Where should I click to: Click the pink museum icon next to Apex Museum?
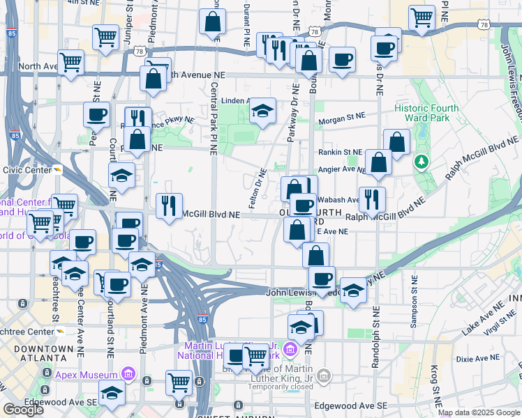[x=128, y=375]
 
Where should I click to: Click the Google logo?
[x=23, y=410]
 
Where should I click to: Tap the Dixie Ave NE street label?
[x=477, y=357]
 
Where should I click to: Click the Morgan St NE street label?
[x=342, y=121]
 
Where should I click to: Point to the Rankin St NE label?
[x=340, y=152]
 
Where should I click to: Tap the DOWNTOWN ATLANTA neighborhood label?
[x=37, y=354]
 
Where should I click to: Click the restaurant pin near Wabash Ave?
[x=372, y=199]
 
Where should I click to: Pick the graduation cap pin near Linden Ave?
[x=262, y=110]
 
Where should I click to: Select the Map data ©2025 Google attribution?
[x=479, y=412]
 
